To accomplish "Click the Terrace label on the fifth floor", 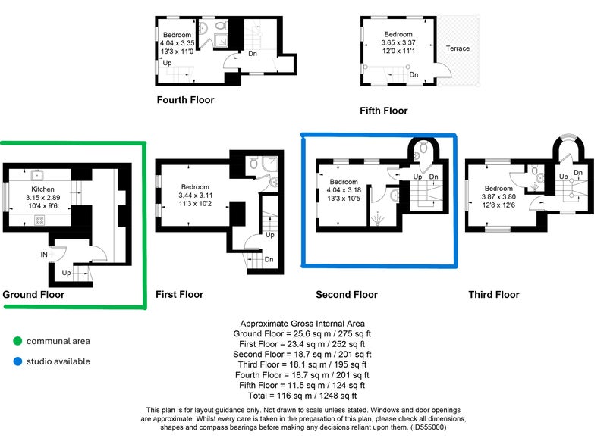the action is click(x=458, y=48).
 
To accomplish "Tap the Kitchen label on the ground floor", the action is click(x=42, y=189).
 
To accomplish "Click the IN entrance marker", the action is click(x=44, y=255).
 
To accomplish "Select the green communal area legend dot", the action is click(x=17, y=341).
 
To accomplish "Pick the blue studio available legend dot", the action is click(x=17, y=361).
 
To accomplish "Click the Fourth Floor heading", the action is click(x=185, y=100).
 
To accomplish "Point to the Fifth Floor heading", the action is click(x=384, y=111).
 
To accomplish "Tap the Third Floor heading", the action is click(x=494, y=295).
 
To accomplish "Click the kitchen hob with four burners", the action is click(x=39, y=221).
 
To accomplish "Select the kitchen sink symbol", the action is click(x=37, y=175).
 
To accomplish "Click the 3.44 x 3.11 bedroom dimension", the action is click(x=195, y=196).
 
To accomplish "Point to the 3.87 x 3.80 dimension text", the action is click(x=498, y=197).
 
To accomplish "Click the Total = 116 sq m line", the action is click(x=302, y=396).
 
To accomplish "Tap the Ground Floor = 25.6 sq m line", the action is click(x=302, y=333).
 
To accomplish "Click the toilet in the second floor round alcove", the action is click(x=423, y=147).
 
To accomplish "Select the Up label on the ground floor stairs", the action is click(x=66, y=273).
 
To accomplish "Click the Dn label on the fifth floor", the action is click(x=414, y=74).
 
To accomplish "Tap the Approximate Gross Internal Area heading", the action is click(x=302, y=323).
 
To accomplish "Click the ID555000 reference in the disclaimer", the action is click(x=427, y=427).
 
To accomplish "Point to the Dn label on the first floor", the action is click(x=269, y=259).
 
